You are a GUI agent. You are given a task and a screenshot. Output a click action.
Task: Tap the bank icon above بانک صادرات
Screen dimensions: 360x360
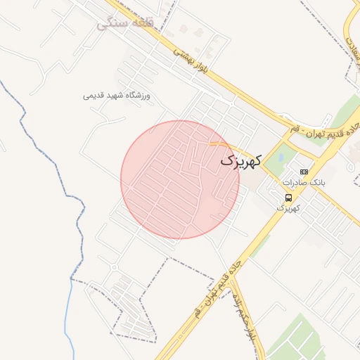304,172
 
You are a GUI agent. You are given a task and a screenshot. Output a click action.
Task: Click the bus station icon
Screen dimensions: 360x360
288,198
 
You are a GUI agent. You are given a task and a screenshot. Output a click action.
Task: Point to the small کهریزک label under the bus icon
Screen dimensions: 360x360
288,208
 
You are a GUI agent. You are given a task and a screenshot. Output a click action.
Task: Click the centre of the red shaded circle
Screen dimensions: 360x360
180,179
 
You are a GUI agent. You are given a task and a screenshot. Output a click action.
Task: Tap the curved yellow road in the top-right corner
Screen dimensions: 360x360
349,35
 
